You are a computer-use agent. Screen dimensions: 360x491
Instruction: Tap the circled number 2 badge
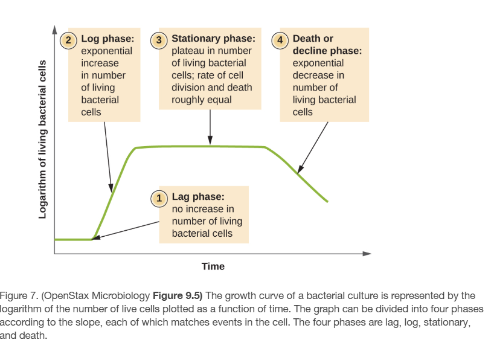point(69,40)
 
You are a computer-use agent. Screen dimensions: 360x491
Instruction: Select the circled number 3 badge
point(159,40)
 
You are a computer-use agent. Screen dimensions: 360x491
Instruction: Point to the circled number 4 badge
point(280,40)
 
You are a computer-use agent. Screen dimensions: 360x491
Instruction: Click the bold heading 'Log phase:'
point(108,39)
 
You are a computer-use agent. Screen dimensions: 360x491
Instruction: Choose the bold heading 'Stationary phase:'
point(213,39)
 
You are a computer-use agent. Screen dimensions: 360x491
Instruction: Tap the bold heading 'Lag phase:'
point(198,196)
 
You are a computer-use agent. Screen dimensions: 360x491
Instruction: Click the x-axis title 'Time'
point(213,266)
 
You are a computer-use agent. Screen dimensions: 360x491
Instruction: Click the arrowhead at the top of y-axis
point(54,30)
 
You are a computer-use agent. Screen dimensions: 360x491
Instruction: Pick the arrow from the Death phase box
point(313,145)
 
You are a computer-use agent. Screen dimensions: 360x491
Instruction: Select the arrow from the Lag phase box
point(127,230)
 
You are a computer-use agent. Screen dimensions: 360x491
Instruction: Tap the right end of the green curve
point(327,201)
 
